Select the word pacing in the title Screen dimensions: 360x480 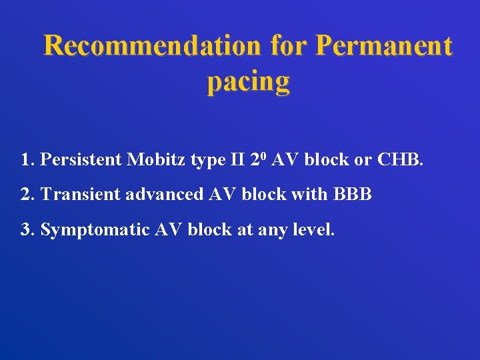click(x=248, y=81)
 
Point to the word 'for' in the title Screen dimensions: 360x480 click(x=289, y=46)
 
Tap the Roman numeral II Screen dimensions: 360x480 click(x=237, y=159)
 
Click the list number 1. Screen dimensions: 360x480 click(x=26, y=159)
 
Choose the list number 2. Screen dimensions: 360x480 click(x=26, y=195)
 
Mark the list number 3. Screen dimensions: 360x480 click(x=26, y=230)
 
